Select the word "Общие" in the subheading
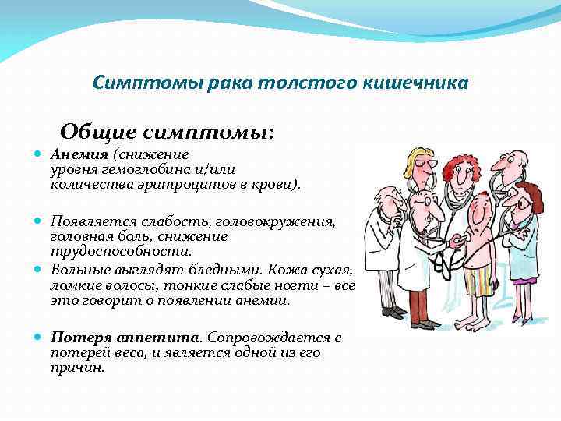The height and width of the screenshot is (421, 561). pos(93,132)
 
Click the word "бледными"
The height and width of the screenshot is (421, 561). pos(222,269)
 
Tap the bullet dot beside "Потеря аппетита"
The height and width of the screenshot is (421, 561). pos(38,338)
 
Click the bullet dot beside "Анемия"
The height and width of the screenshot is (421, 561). pos(38,154)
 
